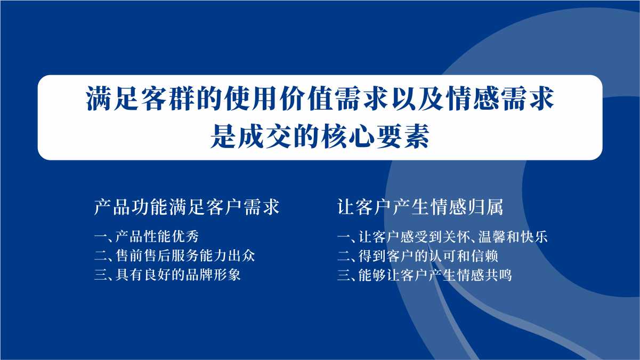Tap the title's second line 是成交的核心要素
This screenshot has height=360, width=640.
(x=320, y=136)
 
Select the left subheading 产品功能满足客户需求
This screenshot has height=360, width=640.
(x=187, y=207)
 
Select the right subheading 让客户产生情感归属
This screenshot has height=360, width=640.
(x=420, y=207)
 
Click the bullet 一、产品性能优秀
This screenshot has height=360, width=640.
(x=147, y=236)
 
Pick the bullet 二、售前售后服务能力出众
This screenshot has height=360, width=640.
(x=175, y=256)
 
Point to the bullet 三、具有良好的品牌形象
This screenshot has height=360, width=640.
(x=167, y=275)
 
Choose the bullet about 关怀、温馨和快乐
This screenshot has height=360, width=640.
(x=442, y=236)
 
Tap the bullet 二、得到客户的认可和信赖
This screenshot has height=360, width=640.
(x=418, y=256)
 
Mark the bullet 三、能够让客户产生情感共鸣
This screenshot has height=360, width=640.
(x=425, y=275)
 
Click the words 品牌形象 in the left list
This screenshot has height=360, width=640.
(x=213, y=275)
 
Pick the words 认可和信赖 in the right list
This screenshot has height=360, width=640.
(x=464, y=256)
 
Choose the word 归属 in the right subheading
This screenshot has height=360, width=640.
(x=485, y=207)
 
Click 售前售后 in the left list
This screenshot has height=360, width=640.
(x=143, y=256)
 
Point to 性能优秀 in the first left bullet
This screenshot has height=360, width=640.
(x=171, y=236)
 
